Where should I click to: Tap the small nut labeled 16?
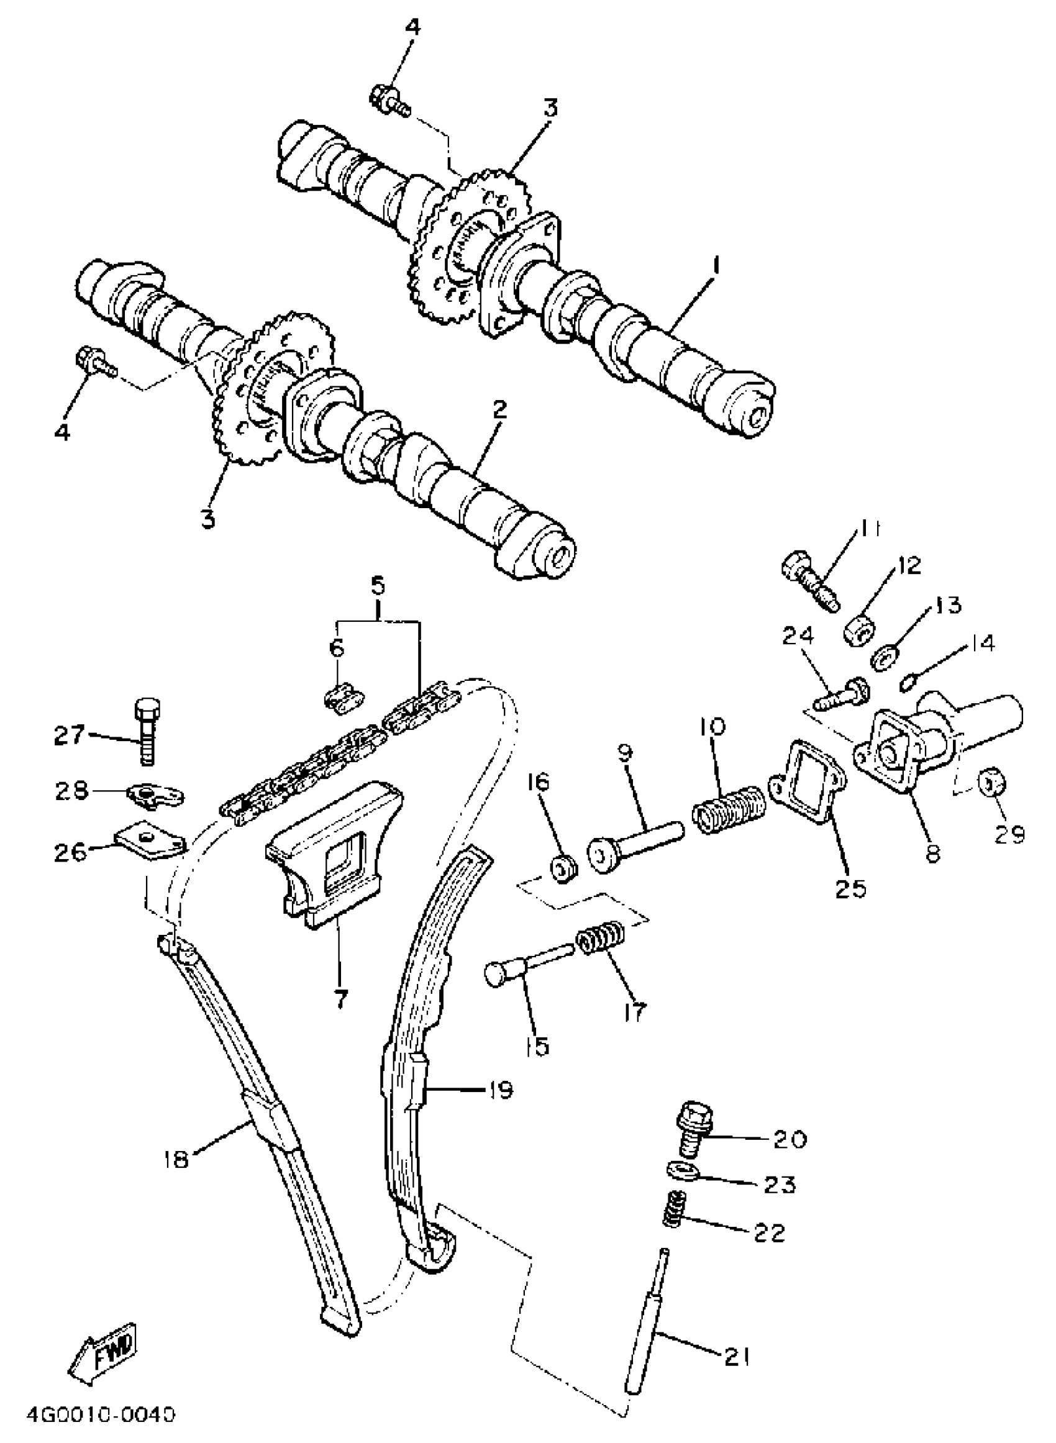[x=563, y=868]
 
